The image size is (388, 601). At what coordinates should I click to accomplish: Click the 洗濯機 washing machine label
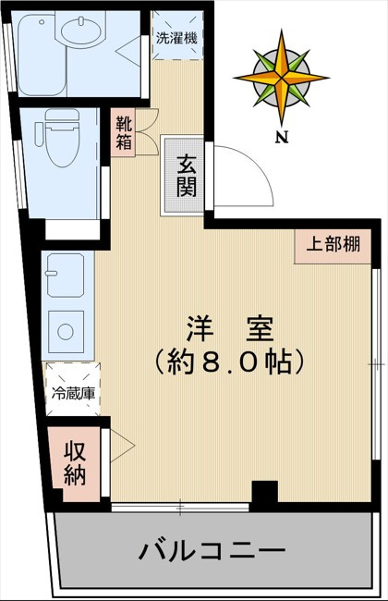175,39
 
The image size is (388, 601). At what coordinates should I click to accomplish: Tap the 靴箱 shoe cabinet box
124,131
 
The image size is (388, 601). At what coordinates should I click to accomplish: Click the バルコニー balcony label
212,553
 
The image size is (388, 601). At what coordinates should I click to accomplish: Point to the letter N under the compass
279,138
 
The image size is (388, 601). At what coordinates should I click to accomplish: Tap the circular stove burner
66,331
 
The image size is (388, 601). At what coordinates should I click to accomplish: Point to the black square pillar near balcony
264,495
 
